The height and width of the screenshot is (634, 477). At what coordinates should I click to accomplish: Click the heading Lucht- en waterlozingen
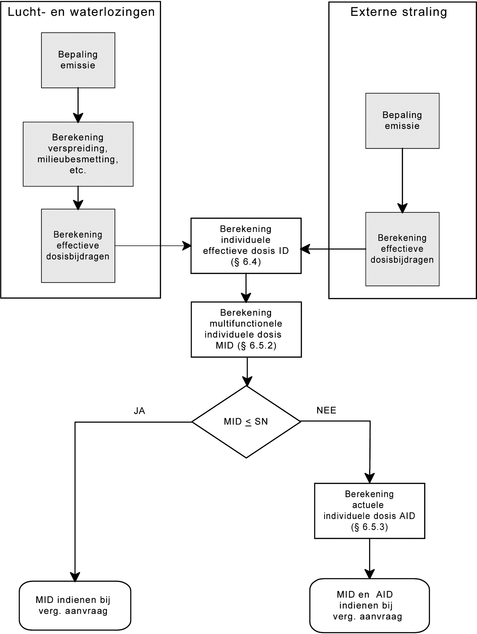81,12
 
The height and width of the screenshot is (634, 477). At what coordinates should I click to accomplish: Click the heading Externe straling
398,12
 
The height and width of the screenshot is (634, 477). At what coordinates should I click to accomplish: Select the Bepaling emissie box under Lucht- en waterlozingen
78,60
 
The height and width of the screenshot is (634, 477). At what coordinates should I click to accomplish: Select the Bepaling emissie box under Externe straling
402,121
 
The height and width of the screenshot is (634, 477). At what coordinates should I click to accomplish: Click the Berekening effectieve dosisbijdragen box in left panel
78,246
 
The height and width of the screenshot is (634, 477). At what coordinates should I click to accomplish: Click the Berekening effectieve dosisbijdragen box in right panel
402,249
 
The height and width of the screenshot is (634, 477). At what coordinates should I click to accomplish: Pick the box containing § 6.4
246,246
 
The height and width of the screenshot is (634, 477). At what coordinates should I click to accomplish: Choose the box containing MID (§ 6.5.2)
246,329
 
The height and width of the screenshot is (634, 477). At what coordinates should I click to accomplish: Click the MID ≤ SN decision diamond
246,421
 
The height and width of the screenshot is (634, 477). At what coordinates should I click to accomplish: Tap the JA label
139,411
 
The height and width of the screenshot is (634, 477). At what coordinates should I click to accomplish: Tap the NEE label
326,410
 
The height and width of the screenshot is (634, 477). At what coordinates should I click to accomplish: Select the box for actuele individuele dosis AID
369,511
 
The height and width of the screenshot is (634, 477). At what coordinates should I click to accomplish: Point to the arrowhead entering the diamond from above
247,381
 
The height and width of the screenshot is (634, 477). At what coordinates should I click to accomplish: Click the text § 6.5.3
369,527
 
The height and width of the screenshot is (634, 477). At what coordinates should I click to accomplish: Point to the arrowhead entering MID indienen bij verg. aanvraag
75,577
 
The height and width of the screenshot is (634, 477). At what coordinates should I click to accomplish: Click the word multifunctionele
246,323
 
